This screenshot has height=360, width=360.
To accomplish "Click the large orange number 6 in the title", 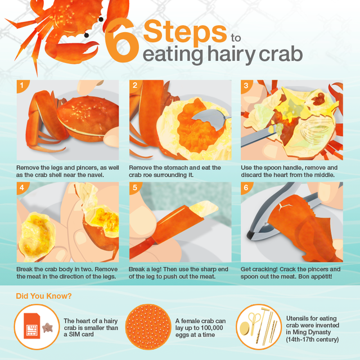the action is pos(121,40).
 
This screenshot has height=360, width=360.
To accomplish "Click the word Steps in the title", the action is pos(185,32).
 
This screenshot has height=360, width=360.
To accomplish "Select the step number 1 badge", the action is pos(22,85).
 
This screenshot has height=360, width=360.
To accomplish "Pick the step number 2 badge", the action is pos(135,85).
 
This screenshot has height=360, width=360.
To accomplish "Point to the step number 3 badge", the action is pos(246,85).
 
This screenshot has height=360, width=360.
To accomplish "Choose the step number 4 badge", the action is pos(22,187).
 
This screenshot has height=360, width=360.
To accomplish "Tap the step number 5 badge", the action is pos(135,187).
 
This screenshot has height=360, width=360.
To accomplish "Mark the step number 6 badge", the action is pos(246,187).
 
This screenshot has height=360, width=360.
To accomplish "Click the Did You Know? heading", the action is pos(44,296).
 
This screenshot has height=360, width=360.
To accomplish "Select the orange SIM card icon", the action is pos(32,326).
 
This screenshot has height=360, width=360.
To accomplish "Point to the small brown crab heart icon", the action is pos(47,327).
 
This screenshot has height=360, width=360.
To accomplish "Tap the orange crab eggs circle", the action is pos(148,327).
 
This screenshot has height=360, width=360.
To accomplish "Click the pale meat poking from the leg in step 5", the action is pos(204,208).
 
